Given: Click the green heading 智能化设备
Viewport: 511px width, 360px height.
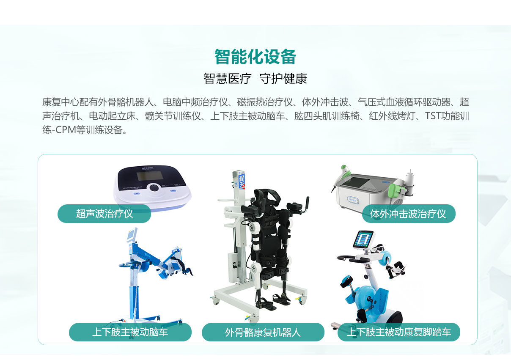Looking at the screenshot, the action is tap(255, 57).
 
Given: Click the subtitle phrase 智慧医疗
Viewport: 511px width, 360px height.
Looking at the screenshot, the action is tap(227, 79).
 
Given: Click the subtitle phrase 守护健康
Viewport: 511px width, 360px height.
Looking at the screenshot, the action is tap(283, 79).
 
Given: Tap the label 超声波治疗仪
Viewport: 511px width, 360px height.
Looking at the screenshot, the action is tap(104, 214).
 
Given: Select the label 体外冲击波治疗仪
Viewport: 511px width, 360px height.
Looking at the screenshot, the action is tap(408, 214).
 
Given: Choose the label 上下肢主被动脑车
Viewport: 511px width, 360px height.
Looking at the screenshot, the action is tap(130, 332).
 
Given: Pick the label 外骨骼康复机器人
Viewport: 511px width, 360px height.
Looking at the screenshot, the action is tap(263, 332).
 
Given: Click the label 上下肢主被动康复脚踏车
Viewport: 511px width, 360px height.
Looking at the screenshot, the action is tap(399, 332).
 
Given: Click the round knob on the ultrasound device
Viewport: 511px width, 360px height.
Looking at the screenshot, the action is tap(154, 187).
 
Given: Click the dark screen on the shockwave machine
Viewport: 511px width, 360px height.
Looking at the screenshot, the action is tap(356, 183).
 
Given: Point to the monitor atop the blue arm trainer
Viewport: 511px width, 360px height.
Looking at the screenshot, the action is tap(132, 235).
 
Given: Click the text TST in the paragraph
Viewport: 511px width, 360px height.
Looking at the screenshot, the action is tap(433, 116).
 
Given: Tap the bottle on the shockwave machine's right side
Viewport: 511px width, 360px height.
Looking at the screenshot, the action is tap(410, 180).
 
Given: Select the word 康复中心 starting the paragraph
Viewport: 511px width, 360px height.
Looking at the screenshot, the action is tap(60, 102).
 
